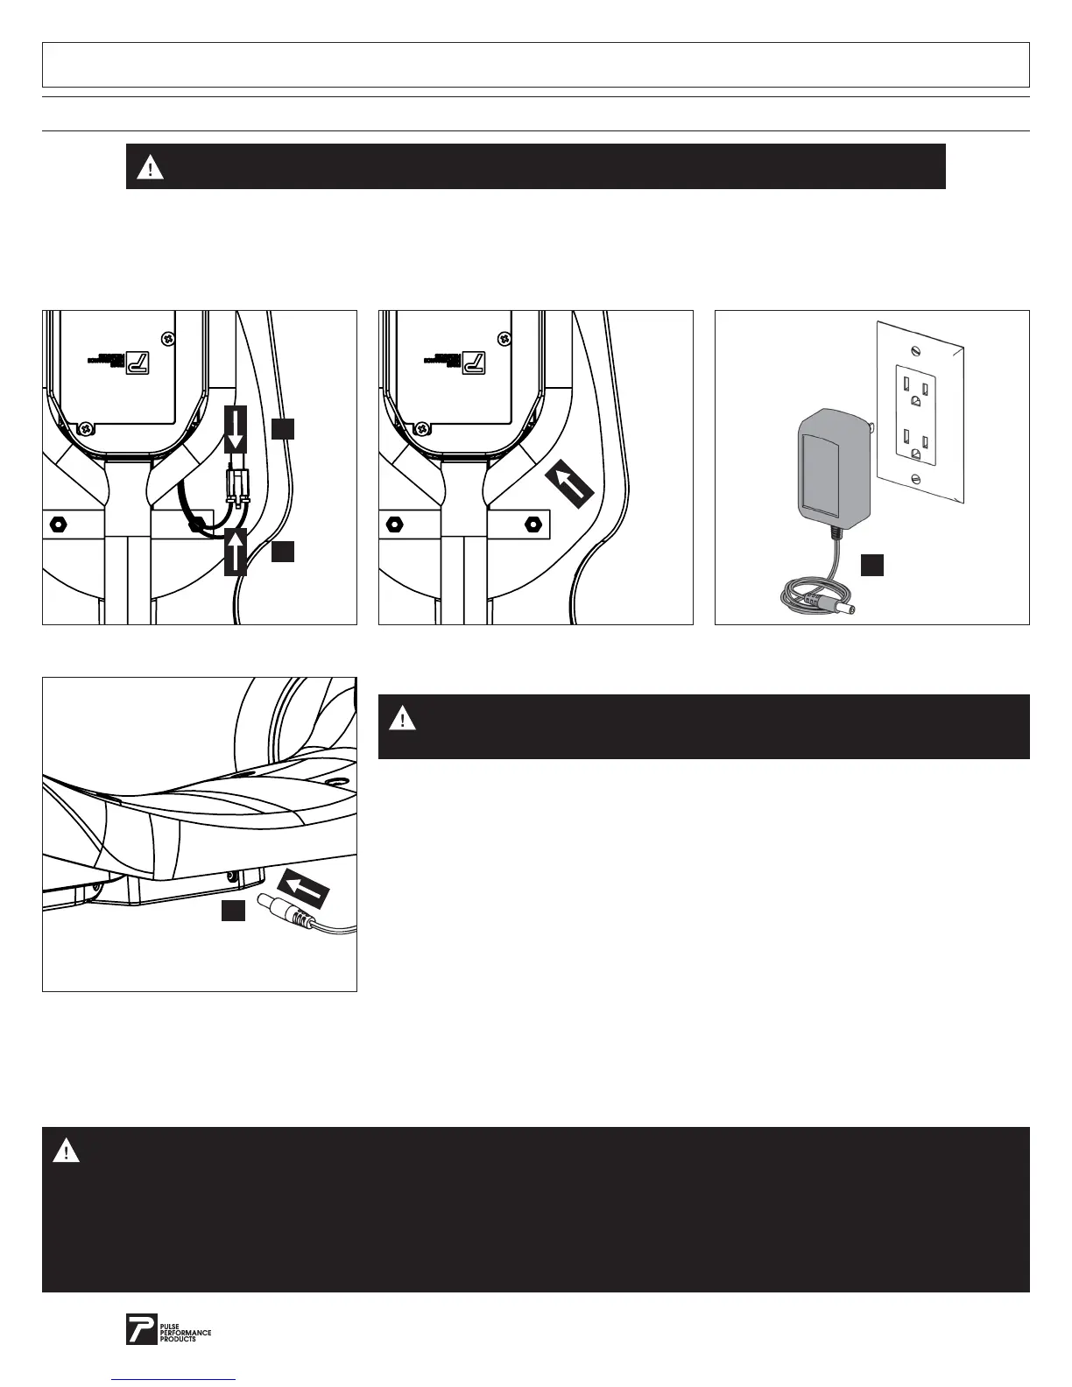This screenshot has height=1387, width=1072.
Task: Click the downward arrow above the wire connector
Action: point(235,427)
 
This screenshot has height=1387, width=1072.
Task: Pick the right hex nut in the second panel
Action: point(532,525)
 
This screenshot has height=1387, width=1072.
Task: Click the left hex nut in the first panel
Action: point(56,525)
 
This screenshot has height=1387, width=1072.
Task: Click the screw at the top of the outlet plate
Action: point(915,350)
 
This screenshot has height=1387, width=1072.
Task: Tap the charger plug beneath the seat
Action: point(280,913)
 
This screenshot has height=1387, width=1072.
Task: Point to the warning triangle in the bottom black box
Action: point(67,1151)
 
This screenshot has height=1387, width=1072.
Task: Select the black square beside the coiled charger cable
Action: point(871,566)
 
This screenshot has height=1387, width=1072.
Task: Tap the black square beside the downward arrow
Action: point(282,428)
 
